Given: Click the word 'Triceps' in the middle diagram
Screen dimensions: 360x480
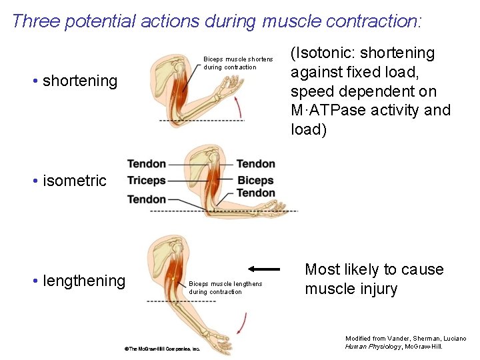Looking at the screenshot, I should pos(147,181).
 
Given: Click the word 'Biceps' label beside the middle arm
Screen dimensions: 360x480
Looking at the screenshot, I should pos(255,181).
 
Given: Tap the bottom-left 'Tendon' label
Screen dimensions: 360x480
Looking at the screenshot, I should pos(147,199).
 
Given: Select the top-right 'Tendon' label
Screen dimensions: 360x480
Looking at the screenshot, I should pos(255,164).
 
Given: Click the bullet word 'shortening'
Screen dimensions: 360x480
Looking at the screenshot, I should pos(79,81).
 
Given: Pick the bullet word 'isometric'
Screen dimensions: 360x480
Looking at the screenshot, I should pos(74,181).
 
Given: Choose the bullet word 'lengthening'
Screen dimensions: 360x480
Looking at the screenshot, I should pos(83,281).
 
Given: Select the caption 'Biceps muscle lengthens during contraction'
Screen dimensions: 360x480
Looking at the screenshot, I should pos(225,288).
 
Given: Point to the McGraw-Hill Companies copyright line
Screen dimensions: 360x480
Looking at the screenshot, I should pos(162,349).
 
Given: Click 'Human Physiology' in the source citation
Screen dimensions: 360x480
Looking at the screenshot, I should pos(374,346).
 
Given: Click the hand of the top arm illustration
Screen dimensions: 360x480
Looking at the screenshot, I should pos(234,83).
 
